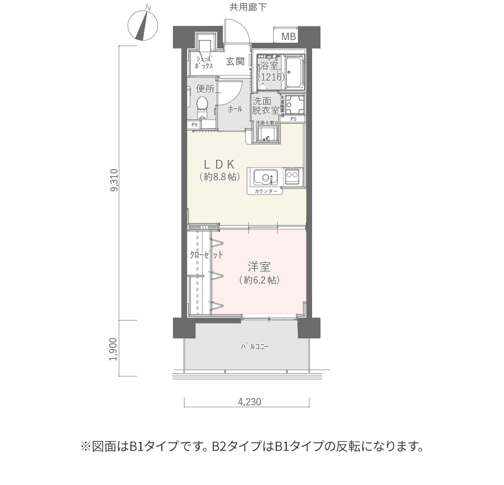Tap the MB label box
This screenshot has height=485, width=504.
288,36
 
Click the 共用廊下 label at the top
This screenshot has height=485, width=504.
248,7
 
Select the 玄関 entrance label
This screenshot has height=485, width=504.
235,62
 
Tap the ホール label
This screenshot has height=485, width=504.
235,109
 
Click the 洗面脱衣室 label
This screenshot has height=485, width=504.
265,105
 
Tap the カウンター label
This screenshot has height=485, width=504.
265,191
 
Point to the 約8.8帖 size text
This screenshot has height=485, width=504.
220,177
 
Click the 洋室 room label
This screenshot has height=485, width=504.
259,266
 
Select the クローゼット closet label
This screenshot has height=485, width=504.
206,255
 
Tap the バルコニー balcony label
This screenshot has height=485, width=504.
255,347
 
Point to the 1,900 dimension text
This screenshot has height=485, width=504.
113,348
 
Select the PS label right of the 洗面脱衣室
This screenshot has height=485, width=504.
293,119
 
